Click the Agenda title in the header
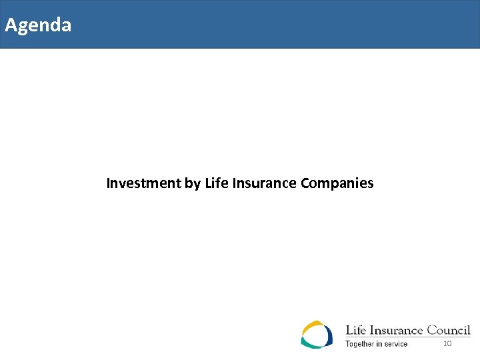click(37, 25)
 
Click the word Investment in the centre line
click(143, 183)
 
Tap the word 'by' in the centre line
click(193, 183)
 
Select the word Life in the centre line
click(216, 183)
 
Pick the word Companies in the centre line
click(337, 183)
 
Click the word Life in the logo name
click(355, 330)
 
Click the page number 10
click(447, 343)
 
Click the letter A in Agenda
click(10, 25)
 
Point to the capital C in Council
click(433, 330)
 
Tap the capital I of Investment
click(109, 183)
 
